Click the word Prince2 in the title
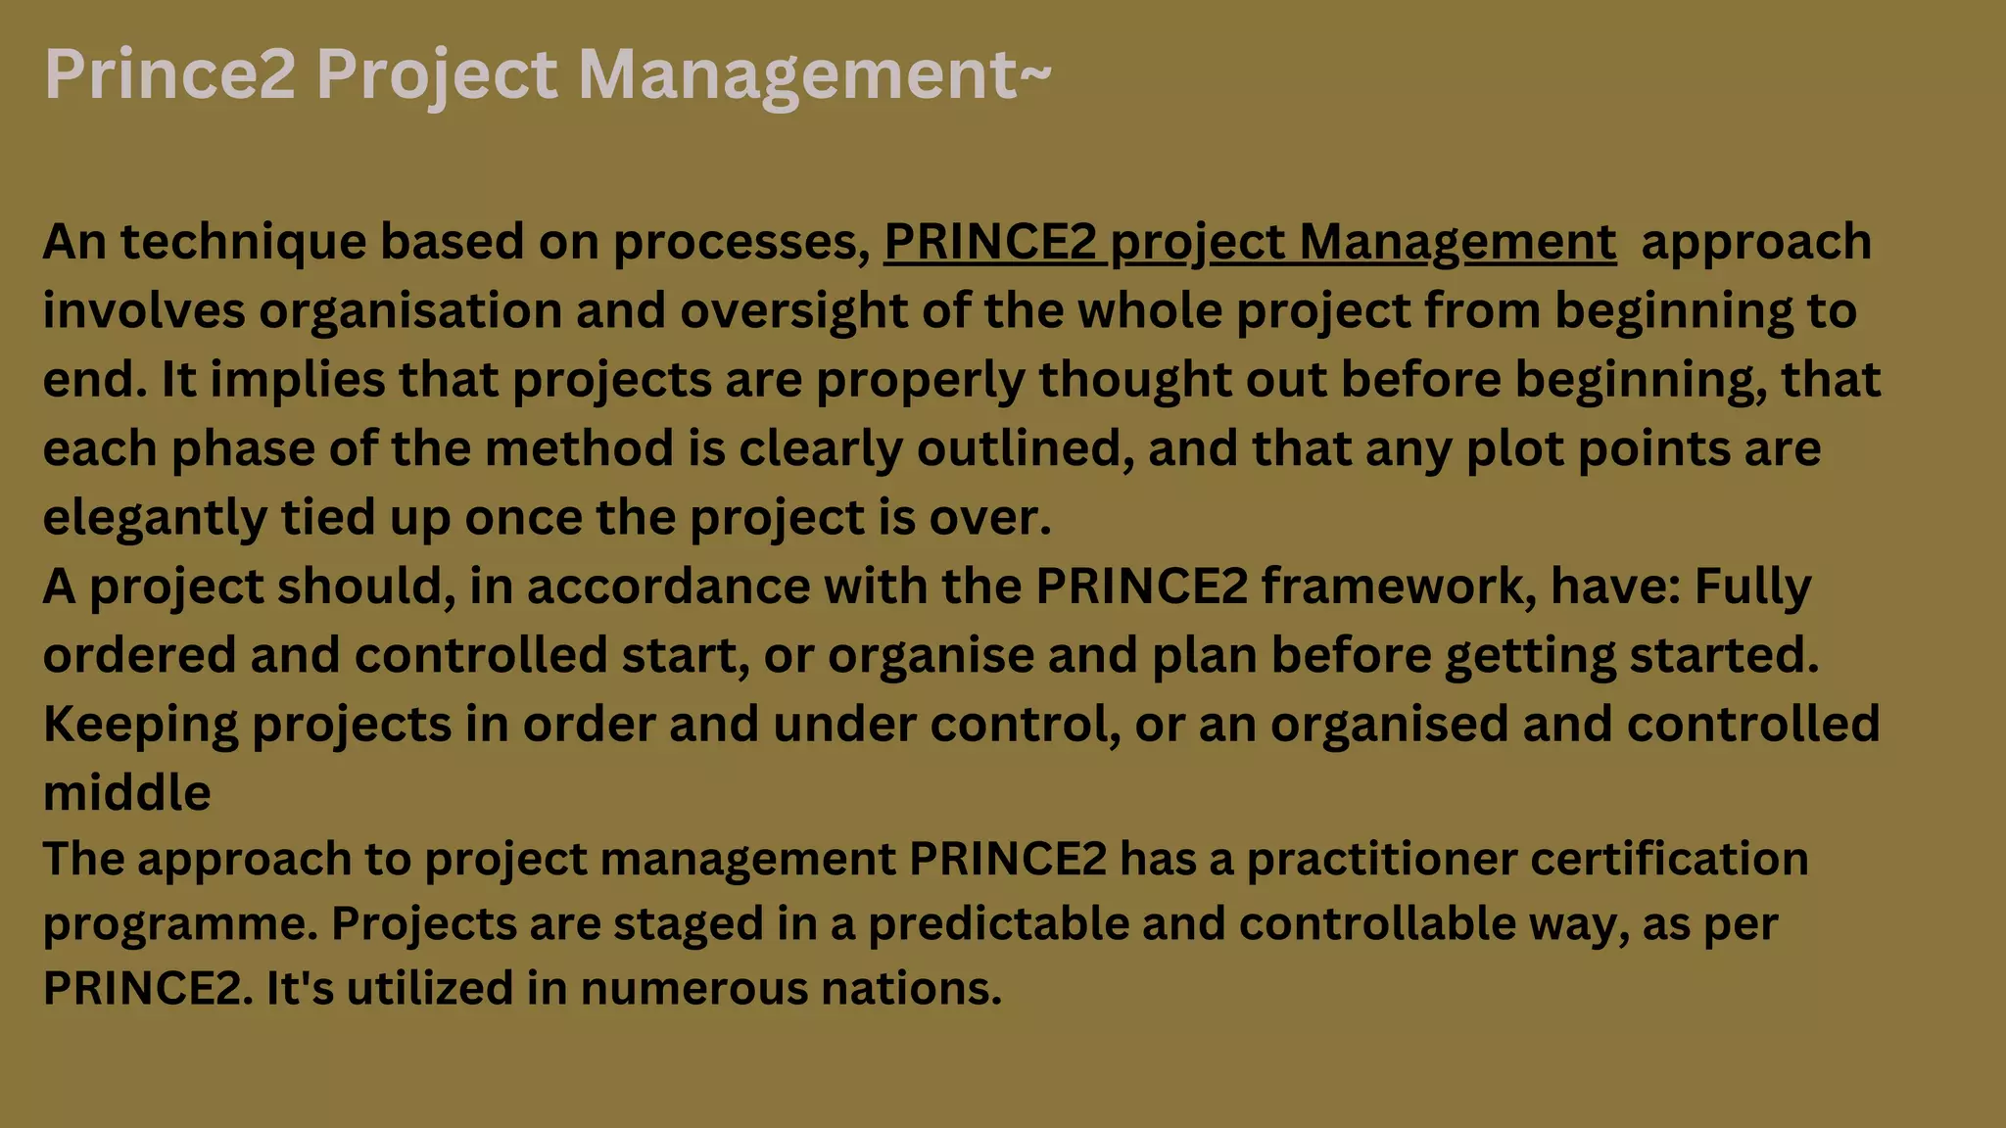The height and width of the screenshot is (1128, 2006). click(x=169, y=74)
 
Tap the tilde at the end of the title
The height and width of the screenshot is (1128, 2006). click(x=1036, y=71)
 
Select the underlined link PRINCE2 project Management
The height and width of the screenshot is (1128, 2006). click(x=1250, y=242)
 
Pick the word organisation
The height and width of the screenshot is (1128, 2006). click(x=409, y=310)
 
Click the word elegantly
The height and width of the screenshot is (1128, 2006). click(x=155, y=518)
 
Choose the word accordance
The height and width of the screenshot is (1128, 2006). click(x=668, y=587)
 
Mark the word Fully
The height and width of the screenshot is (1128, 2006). click(x=1752, y=587)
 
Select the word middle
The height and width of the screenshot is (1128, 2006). click(x=126, y=792)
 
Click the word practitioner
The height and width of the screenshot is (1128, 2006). click(x=1381, y=859)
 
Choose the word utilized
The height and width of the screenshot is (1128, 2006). click(x=429, y=988)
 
